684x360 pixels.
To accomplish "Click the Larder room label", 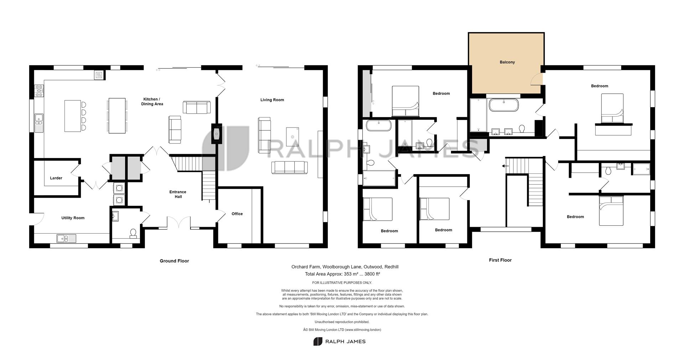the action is pos(56,178).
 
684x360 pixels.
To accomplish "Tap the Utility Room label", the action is pos(73,218).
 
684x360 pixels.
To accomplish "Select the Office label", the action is pos(237,214).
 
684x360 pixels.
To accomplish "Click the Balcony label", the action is pos(507,62).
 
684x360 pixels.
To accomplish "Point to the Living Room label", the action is pos(272,100).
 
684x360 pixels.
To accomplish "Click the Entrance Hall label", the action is pos(178,194).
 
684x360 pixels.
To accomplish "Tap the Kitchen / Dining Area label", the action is pos(152,101).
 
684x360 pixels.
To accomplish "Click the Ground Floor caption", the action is pos(174,261).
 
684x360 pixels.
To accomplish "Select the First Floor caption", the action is pos(500,260).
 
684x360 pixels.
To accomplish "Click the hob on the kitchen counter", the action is pos(39,91).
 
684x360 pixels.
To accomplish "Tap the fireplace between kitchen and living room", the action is pos(217,134).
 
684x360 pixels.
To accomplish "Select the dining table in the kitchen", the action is pos(117,116).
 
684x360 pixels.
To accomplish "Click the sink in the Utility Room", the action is pos(66,238).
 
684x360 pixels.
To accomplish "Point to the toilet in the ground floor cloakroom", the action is pos(133,233).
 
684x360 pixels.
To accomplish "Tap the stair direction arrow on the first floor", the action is pos(504,166).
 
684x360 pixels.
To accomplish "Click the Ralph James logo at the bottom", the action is pos(340,341).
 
